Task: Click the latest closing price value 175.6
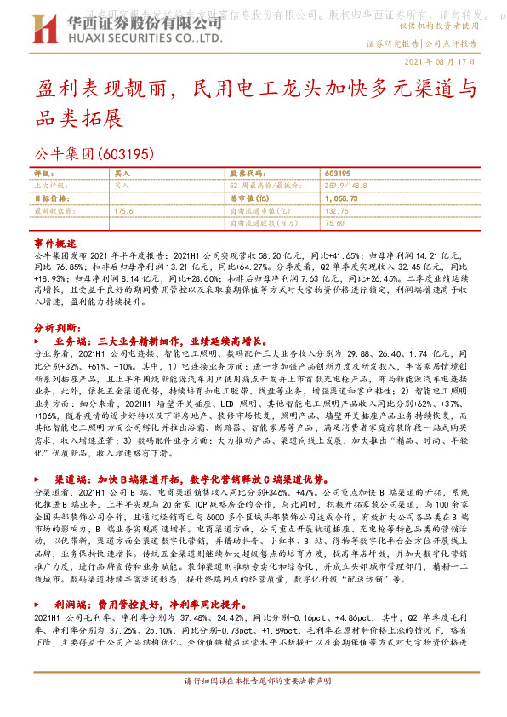pos(124,209)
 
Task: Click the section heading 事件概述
pos(54,242)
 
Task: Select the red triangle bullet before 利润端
pos(43,603)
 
